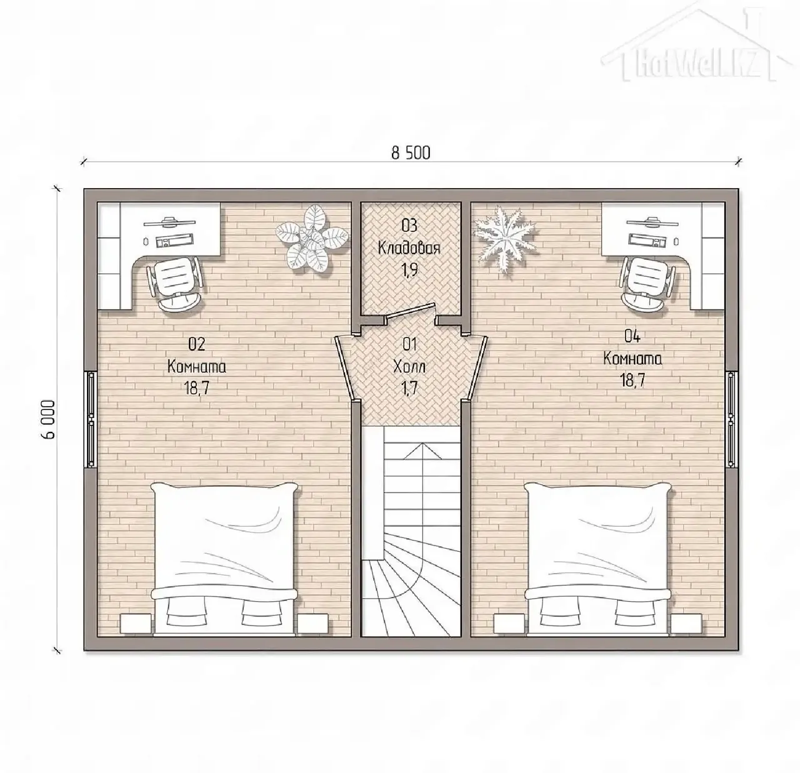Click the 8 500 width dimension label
411,153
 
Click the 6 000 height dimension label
48,419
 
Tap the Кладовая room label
409,248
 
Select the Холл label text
409,366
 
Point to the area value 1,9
409,270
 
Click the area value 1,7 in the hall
409,388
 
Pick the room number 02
196,344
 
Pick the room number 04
632,336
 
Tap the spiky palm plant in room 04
506,238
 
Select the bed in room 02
224,560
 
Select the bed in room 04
598,560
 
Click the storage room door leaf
409,311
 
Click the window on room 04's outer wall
732,419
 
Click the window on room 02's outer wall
90,419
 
